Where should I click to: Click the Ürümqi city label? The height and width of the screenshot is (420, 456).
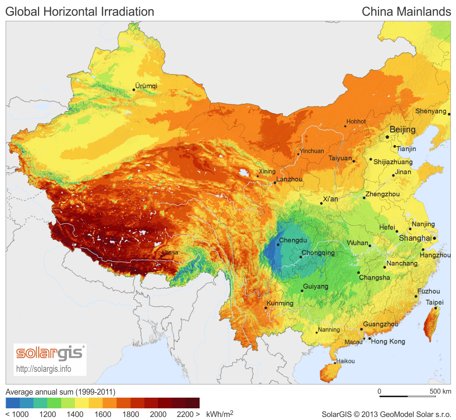tap(147, 86)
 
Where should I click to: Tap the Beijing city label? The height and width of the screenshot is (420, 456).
tap(402, 129)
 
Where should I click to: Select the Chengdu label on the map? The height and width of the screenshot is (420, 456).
tap(293, 240)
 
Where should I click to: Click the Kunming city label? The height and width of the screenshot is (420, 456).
tap(280, 303)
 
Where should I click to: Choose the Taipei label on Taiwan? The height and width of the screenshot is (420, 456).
tap(435, 302)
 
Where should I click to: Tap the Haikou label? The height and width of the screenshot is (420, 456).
tap(345, 361)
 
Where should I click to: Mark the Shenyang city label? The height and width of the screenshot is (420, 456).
tap(431, 111)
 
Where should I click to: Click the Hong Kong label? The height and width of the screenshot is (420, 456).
tap(388, 341)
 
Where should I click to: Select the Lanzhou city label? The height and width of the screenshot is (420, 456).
tap(289, 179)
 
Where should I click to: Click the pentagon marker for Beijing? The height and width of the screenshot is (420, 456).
tap(387, 136)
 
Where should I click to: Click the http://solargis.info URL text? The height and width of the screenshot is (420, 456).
tap(44, 368)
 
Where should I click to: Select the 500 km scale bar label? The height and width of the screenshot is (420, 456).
tap(440, 391)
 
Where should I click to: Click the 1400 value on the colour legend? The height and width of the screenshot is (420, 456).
tap(75, 414)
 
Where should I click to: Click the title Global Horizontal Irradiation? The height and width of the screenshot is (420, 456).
tap(80, 11)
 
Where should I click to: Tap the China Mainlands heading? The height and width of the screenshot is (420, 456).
tap(406, 11)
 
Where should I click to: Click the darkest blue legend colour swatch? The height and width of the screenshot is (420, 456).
tap(12, 403)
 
